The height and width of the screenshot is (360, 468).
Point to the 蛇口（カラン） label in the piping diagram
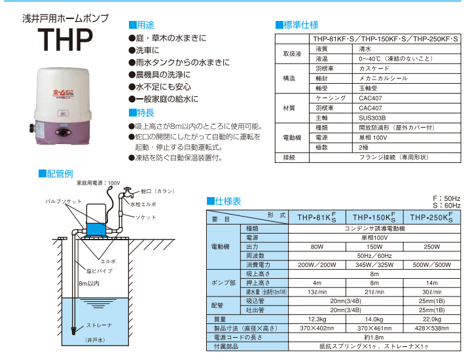tap(158, 191)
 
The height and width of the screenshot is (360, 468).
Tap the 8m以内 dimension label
tap(89, 284)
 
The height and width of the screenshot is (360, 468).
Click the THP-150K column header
tap(376, 218)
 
